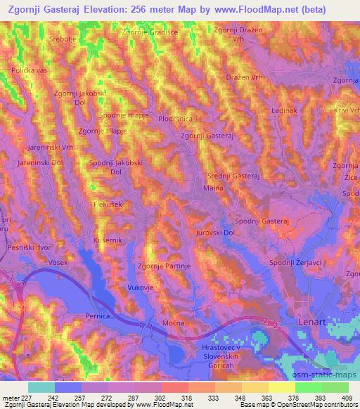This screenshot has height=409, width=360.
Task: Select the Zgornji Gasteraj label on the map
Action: point(207,136)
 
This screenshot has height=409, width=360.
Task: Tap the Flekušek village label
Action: point(108,204)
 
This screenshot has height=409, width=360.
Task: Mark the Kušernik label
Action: point(108,240)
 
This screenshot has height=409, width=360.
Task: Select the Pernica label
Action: point(97,316)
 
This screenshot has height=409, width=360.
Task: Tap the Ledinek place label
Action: point(284,110)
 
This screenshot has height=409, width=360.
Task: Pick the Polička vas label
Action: point(29,70)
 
